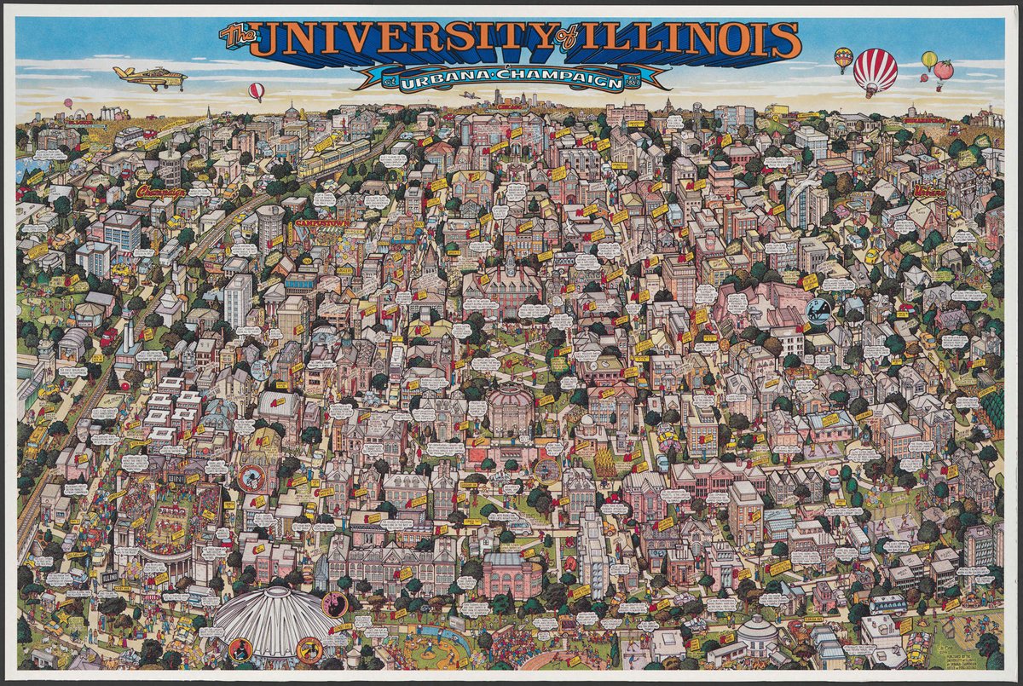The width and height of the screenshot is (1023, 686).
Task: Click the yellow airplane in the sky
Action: tap(151, 78)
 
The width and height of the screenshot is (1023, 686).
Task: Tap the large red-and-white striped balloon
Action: tap(875, 70)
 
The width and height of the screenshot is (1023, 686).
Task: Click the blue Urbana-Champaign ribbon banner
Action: tap(511, 78)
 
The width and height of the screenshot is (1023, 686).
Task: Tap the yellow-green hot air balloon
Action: tap(929, 59)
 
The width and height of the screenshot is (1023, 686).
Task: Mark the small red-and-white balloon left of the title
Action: tap(256, 90)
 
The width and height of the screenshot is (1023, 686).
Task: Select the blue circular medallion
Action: tap(818, 308)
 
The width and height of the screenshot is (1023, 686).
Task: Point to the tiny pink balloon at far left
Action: tap(67, 103)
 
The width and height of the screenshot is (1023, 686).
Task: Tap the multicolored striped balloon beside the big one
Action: tap(843, 58)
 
